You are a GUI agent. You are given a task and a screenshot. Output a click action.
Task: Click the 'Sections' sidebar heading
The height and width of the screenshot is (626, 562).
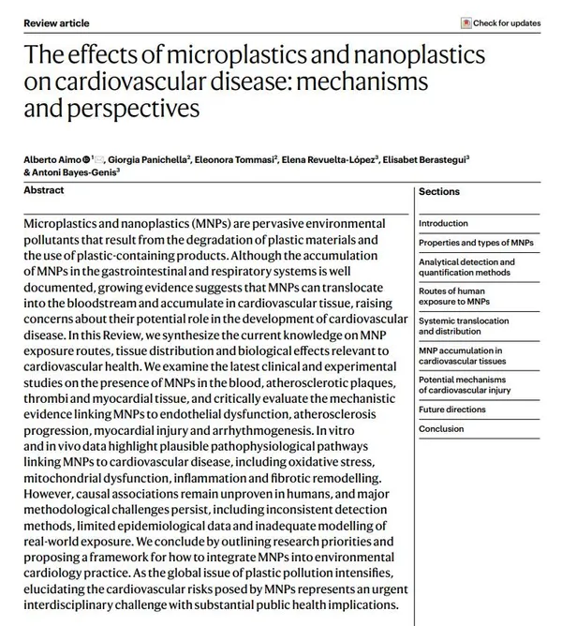click(x=439, y=191)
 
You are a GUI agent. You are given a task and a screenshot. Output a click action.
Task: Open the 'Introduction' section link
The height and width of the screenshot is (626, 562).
click(x=443, y=224)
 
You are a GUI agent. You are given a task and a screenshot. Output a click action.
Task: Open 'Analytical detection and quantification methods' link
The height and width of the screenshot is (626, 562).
click(x=466, y=267)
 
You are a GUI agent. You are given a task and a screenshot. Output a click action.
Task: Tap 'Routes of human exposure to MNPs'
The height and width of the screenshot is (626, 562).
click(x=453, y=297)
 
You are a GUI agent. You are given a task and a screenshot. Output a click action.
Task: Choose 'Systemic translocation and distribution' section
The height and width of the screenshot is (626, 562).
click(x=464, y=326)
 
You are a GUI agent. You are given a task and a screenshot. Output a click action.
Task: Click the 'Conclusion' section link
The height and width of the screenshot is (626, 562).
click(x=441, y=429)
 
